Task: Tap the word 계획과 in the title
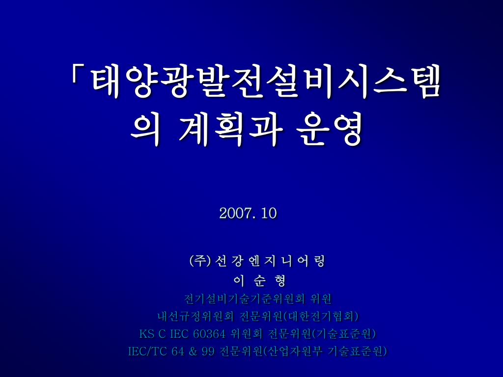click(x=230, y=130)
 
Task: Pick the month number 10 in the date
click(x=269, y=213)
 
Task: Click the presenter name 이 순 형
click(x=259, y=281)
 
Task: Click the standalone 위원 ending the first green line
click(x=321, y=299)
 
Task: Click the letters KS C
click(x=152, y=334)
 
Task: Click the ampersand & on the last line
click(x=193, y=351)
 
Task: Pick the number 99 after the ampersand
click(x=208, y=351)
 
